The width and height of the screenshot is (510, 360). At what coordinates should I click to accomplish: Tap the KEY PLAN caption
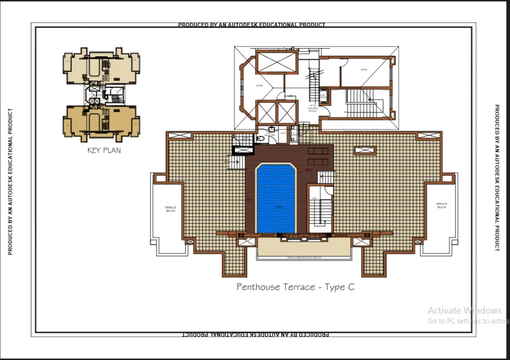pyautogui.click(x=104, y=150)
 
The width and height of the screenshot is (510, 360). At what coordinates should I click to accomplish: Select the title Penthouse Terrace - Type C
pyautogui.click(x=295, y=287)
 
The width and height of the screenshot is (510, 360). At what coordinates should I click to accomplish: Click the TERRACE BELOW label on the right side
pyautogui.click(x=441, y=205)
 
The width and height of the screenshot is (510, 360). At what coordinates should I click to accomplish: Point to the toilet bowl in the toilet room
pyautogui.click(x=259, y=138)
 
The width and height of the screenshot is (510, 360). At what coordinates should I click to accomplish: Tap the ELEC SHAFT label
pyautogui.click(x=322, y=96)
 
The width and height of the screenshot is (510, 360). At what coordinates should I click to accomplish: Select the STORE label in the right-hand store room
pyautogui.click(x=364, y=70)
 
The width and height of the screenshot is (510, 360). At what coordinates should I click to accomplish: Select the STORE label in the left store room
pyautogui.click(x=259, y=85)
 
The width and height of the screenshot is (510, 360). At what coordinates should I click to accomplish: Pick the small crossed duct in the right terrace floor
pyautogui.click(x=365, y=150)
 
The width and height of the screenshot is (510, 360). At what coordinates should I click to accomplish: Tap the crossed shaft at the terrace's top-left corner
pyautogui.click(x=179, y=135)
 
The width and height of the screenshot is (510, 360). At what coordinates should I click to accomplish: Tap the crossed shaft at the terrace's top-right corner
pyautogui.click(x=428, y=135)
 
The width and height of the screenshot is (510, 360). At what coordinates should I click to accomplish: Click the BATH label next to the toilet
pyautogui.click(x=283, y=133)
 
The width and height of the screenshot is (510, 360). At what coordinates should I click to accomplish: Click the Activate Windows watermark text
pyautogui.click(x=464, y=310)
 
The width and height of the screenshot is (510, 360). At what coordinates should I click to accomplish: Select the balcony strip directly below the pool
pyautogui.click(x=303, y=248)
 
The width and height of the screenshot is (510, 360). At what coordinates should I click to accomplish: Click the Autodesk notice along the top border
pyautogui.click(x=252, y=25)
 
